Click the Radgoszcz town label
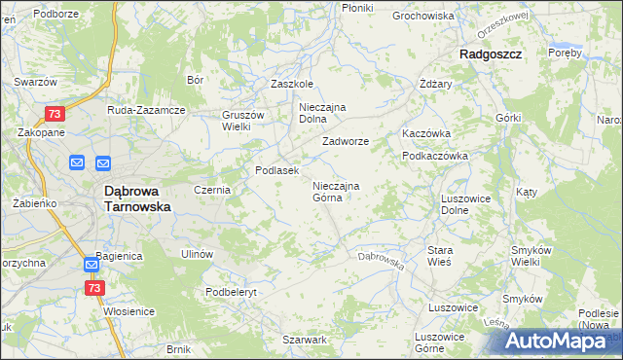click(492, 55)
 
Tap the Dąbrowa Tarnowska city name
click(137, 199)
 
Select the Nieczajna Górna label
click(336, 192)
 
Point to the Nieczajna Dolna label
click(323, 113)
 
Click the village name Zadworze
click(346, 141)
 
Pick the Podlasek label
click(276, 170)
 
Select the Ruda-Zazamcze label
click(146, 110)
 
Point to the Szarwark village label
click(305, 340)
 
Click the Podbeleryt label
click(230, 292)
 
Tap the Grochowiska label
click(423, 17)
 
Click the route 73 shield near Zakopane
click(55, 114)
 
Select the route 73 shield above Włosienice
click(94, 288)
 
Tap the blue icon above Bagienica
click(91, 264)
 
